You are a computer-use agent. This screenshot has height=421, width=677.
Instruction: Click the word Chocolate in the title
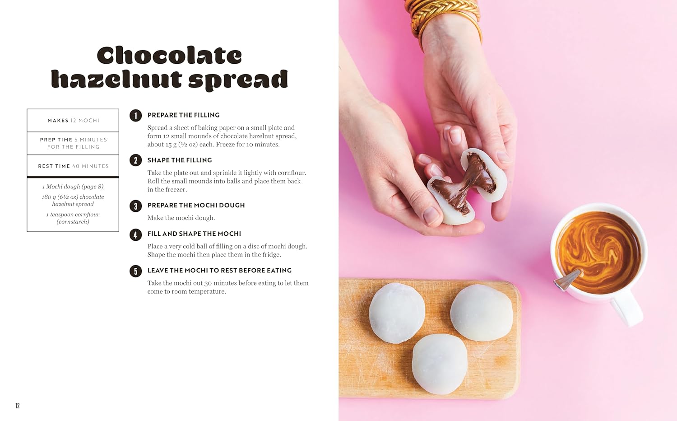(x=169, y=56)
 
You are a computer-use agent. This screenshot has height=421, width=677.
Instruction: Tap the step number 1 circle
(x=135, y=116)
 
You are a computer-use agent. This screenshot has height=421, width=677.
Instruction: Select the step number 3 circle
(x=135, y=206)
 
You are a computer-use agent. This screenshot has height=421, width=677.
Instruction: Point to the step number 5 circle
(x=135, y=271)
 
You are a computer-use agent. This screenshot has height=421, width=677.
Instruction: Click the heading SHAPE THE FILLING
(x=180, y=160)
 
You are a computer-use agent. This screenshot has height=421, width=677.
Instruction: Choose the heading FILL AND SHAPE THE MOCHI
(x=194, y=234)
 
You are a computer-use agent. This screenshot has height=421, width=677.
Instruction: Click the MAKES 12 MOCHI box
(x=73, y=121)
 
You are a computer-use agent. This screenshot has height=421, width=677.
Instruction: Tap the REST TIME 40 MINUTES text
(x=73, y=166)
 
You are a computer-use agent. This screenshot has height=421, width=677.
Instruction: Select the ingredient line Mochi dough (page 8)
(x=73, y=187)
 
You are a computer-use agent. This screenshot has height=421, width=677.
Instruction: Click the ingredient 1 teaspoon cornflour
(x=73, y=218)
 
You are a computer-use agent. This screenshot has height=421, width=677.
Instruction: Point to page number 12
(x=18, y=406)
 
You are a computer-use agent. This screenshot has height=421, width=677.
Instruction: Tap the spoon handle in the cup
(x=567, y=279)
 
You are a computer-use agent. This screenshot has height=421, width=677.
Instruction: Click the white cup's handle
(x=627, y=310)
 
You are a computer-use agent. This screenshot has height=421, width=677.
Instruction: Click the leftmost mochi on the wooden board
(x=397, y=313)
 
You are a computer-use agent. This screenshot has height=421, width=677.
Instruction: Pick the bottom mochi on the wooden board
(x=440, y=364)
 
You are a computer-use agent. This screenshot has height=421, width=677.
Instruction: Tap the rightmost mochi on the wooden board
(x=482, y=313)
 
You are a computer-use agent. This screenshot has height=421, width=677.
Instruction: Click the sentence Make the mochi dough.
(x=181, y=218)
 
